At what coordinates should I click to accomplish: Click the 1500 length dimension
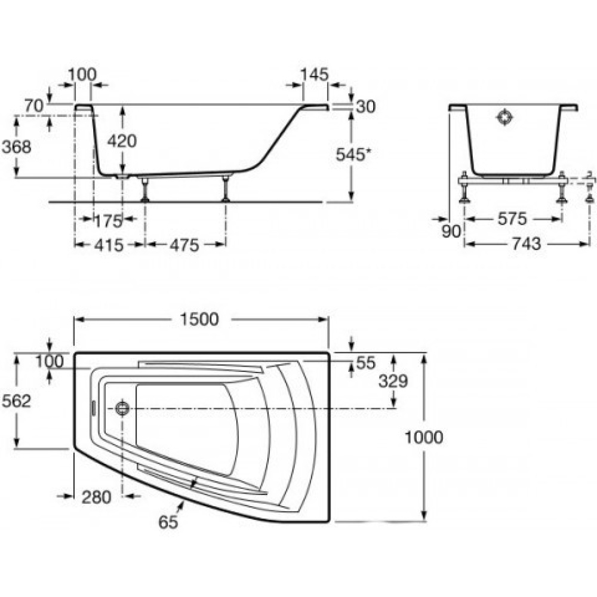(199, 319)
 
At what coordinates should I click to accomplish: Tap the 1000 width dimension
(423, 437)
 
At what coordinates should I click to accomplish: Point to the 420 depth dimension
(122, 141)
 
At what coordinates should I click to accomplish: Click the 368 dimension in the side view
(16, 147)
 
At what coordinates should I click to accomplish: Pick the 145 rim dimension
(314, 75)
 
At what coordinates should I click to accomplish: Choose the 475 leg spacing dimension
(184, 245)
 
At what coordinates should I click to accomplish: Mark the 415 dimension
(109, 245)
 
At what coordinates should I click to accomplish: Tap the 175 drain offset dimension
(107, 221)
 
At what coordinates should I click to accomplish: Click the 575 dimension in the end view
(512, 219)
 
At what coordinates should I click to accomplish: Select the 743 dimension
(526, 244)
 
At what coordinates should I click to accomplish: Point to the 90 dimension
(451, 231)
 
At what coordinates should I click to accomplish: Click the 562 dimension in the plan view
(16, 401)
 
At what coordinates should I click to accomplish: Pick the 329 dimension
(393, 381)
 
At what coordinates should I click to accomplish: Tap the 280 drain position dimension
(96, 497)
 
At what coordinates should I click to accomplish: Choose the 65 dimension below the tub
(168, 522)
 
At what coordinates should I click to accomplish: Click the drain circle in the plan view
(122, 408)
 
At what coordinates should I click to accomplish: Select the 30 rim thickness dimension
(366, 107)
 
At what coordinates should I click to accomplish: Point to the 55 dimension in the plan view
(366, 363)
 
